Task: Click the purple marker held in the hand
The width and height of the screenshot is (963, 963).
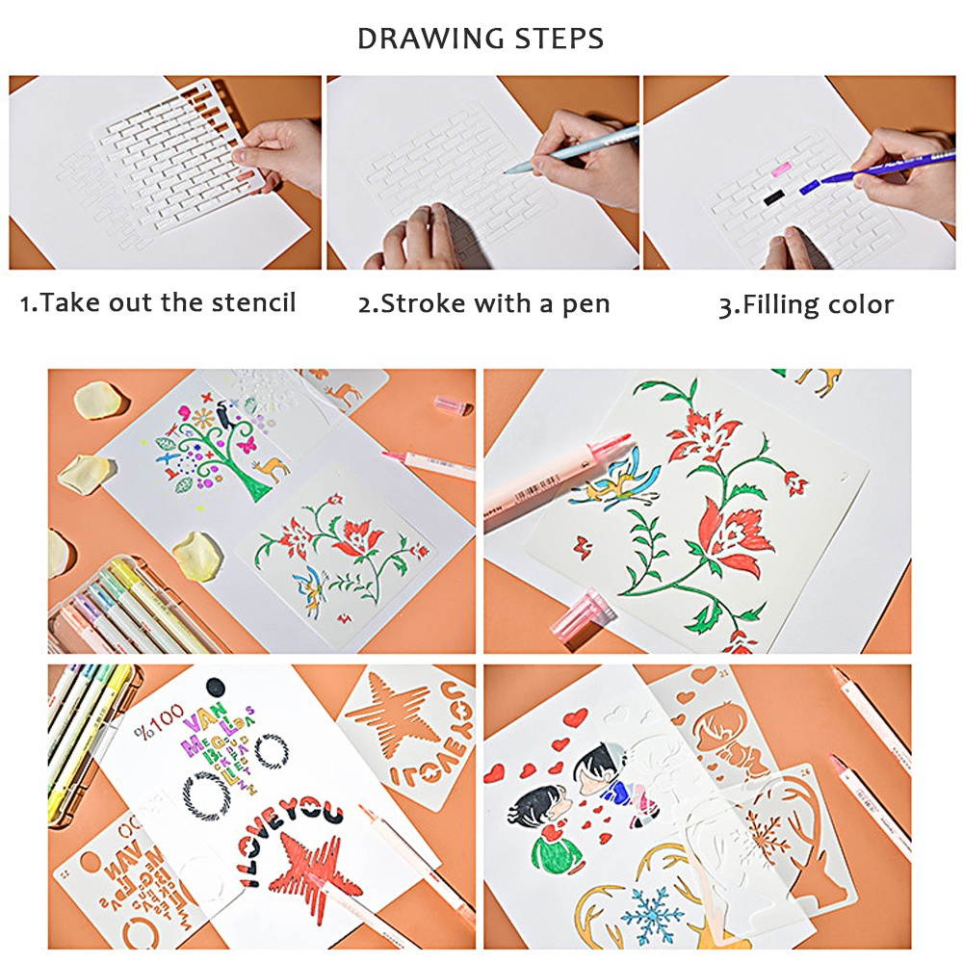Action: pyautogui.click(x=867, y=171)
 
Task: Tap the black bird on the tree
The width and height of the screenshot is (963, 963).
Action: pyautogui.click(x=222, y=415)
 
